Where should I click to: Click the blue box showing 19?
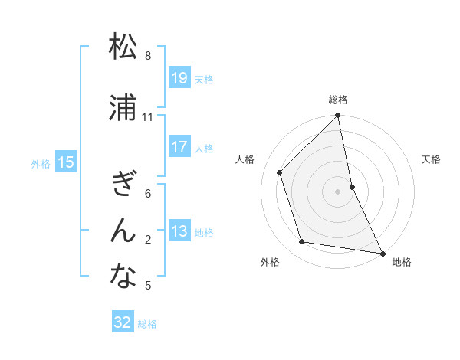[x=179, y=78]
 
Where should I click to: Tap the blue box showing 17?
[x=179, y=147]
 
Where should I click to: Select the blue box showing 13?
[x=179, y=231]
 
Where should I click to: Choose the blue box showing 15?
[x=66, y=162]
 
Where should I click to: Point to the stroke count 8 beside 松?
[x=148, y=56]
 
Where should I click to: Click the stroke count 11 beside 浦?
[x=148, y=117]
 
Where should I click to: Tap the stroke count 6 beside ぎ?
[x=148, y=194]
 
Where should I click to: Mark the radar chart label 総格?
[x=338, y=100]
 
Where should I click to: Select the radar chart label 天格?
[x=432, y=159]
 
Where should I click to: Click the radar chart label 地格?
[x=402, y=262]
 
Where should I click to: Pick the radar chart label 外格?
[x=270, y=262]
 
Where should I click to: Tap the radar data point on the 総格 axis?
[x=338, y=116]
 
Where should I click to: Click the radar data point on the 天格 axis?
[x=352, y=186]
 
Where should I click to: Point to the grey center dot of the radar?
[x=338, y=191]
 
